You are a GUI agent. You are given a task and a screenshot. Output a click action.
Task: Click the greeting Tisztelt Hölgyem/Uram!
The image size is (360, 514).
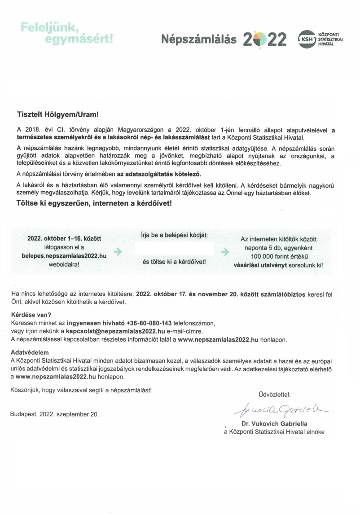(57, 115)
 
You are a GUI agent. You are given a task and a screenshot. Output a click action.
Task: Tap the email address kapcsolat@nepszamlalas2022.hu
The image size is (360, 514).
(115, 331)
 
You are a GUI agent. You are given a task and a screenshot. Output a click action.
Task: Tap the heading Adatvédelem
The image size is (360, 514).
(30, 353)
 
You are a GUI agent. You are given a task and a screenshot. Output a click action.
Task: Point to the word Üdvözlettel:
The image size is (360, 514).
(274, 395)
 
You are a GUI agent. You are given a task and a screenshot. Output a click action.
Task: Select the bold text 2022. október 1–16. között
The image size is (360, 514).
(64, 239)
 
